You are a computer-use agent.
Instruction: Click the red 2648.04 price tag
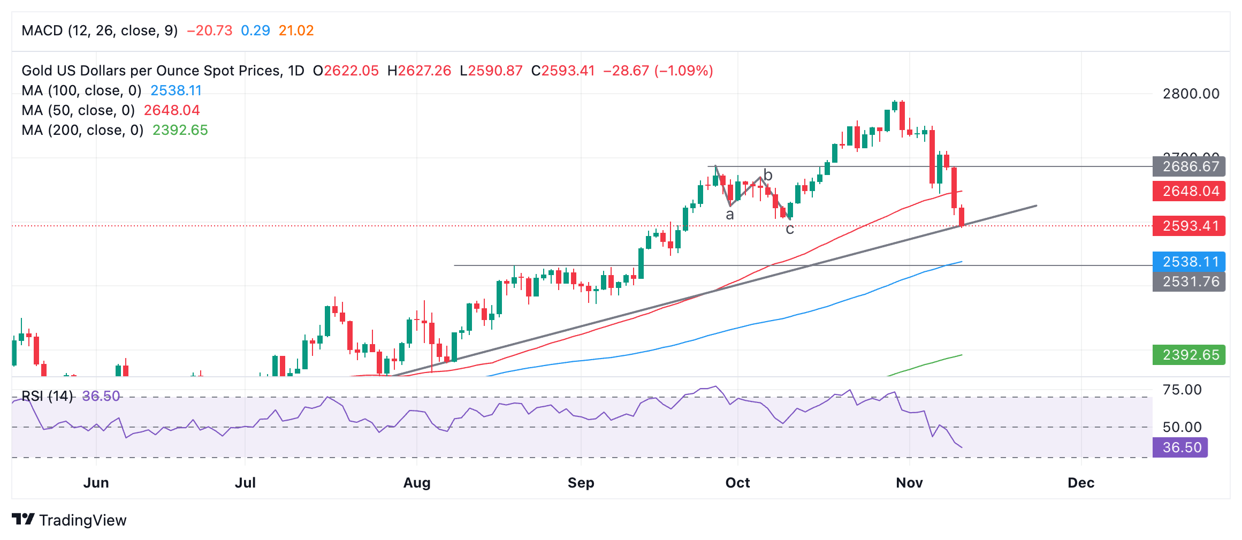1188,191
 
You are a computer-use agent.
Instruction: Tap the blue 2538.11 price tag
1188,262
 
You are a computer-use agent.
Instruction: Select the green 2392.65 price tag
1188,355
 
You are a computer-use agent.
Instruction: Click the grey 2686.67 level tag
1188,166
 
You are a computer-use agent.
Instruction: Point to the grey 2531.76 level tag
1188,282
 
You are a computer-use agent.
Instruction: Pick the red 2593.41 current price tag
1188,226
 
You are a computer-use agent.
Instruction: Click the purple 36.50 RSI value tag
1180,447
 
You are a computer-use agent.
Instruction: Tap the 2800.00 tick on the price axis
1191,94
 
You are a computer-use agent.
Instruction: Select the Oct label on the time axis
737,483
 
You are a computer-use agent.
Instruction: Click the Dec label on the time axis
1080,483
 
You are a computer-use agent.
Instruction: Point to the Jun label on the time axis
96,483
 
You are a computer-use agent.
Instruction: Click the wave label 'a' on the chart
729,215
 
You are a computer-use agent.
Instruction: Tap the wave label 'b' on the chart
768,175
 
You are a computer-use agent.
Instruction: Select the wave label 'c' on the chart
790,230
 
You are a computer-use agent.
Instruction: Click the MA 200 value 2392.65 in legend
180,130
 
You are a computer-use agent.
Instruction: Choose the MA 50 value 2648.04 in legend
171,110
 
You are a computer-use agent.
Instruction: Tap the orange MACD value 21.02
296,31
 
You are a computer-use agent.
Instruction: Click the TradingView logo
69,520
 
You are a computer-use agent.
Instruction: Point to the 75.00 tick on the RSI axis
1182,390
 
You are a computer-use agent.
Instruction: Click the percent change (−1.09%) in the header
683,71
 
